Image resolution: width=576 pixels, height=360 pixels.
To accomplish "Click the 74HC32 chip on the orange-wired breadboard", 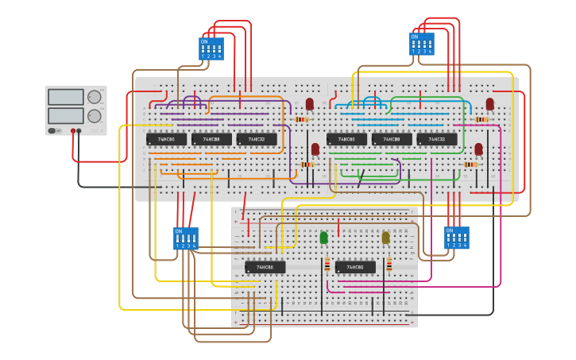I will [x=256, y=139].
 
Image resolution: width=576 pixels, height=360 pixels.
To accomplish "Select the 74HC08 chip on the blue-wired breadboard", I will [x=392, y=139].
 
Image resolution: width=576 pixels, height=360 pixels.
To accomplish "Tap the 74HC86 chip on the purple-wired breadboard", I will [x=166, y=139].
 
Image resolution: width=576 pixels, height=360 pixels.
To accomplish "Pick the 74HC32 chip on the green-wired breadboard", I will [x=437, y=139].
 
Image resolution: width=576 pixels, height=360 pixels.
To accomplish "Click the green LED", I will [x=323, y=238].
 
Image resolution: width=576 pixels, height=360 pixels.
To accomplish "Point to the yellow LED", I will [x=386, y=238].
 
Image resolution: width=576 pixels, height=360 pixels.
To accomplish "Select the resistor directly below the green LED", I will [x=327, y=265].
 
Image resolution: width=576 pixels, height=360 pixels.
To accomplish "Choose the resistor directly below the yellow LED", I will [x=389, y=265].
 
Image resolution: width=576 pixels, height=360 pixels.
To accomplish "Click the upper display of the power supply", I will [x=66, y=97].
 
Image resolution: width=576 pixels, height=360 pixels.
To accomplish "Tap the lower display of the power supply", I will [x=66, y=115].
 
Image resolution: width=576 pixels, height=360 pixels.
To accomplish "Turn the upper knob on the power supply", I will [x=95, y=97].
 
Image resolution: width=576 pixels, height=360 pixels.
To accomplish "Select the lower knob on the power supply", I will [x=95, y=116].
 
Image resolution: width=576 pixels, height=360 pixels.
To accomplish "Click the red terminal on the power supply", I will [x=72, y=131].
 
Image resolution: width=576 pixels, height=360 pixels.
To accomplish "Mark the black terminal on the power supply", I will [x=79, y=131].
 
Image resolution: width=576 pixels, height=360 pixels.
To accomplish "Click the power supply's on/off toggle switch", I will [x=53, y=131].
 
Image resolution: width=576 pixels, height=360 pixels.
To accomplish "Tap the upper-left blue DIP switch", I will [x=211, y=48].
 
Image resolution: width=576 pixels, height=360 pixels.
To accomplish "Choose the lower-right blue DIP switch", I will [x=456, y=238].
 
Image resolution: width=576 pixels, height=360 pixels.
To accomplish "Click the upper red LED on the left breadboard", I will [x=310, y=104].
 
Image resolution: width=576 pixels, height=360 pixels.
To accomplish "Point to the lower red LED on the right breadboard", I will [x=478, y=149].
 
